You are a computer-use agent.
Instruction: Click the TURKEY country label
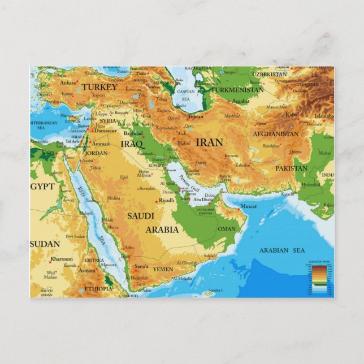99,87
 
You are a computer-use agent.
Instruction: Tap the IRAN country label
209,142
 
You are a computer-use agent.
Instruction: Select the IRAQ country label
133,144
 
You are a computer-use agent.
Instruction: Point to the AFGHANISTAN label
275,134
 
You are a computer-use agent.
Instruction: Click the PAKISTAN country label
292,168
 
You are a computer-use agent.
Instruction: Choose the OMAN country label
227,229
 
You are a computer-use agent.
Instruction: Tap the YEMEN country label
163,269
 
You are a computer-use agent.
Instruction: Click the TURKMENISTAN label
238,89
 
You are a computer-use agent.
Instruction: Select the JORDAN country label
96,153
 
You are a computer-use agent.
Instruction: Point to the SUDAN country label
45,244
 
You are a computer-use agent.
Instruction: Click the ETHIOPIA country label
98,288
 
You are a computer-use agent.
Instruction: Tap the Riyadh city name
167,200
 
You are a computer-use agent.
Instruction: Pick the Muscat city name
249,206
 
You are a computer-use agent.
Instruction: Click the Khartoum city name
62,259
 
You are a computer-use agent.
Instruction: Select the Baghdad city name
133,133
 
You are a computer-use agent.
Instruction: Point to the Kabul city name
292,114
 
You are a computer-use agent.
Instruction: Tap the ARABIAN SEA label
281,250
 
